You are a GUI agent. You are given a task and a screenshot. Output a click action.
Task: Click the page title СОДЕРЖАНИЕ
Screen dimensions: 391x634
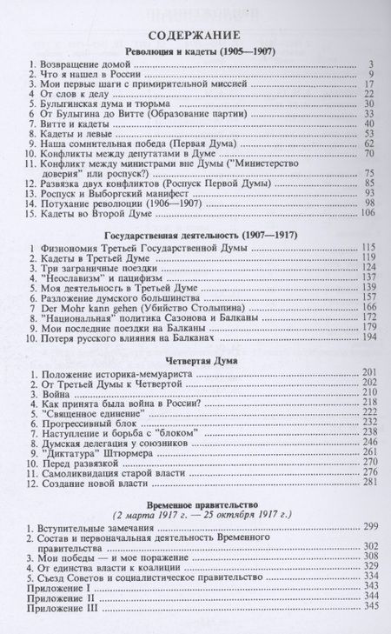195,35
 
